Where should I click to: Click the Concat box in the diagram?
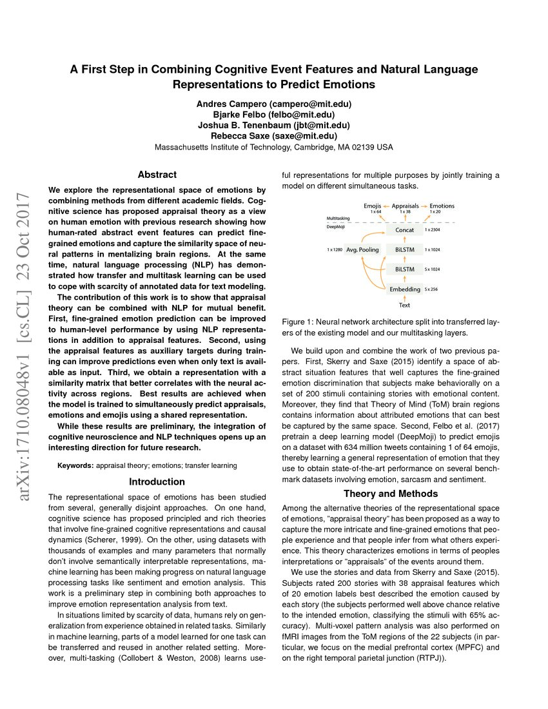coord(404,230)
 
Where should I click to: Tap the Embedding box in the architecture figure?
coord(404,289)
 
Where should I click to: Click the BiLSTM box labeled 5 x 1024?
coord(404,269)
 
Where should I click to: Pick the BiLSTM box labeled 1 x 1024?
coord(404,249)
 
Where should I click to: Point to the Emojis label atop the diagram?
coord(372,206)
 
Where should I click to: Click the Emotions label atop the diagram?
coord(442,206)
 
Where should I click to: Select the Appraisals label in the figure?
coord(406,206)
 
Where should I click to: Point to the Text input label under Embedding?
coord(404,305)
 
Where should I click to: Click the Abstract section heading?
coord(157,175)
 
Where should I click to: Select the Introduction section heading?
coord(157,481)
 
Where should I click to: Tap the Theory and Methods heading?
coord(391,494)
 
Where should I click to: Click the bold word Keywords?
coord(75,465)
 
